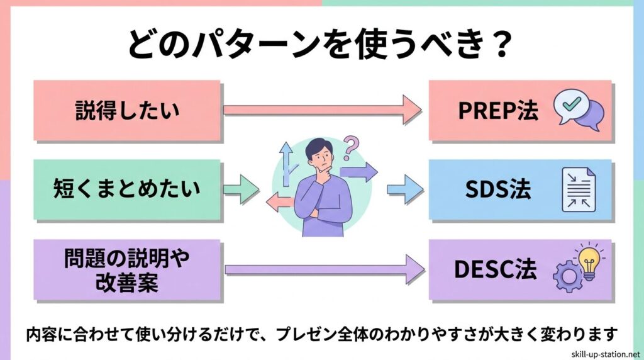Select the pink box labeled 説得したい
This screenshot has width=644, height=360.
point(126,110)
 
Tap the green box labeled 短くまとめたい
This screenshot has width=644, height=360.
point(126,189)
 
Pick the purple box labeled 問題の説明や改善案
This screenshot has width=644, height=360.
point(126,270)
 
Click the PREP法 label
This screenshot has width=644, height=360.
point(499,111)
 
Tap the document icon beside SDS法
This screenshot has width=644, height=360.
point(578,190)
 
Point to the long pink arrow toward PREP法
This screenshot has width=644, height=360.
point(321,110)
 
